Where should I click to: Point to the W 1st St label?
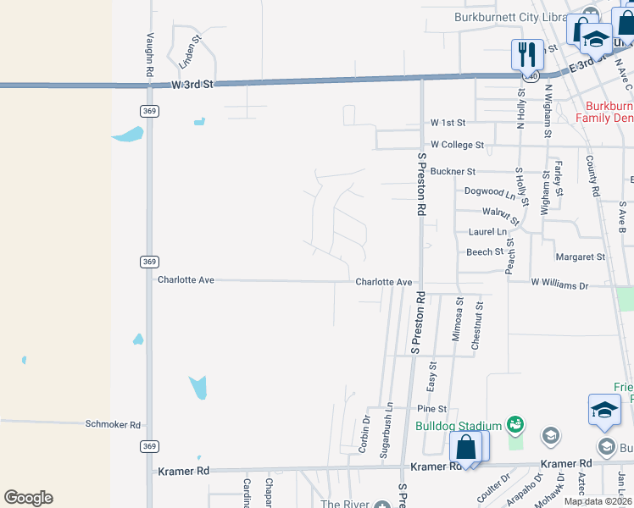[449, 123]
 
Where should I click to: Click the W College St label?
[457, 146]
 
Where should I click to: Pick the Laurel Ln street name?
[487, 232]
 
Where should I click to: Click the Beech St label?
[485, 252]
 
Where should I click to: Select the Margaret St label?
[580, 257]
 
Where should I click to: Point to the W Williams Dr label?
[559, 285]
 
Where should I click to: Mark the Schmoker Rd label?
[113, 424]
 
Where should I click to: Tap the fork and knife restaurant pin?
[527, 55]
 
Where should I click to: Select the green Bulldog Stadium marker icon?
[514, 423]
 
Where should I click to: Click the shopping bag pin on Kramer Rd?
[466, 446]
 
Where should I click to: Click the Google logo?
[28, 498]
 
